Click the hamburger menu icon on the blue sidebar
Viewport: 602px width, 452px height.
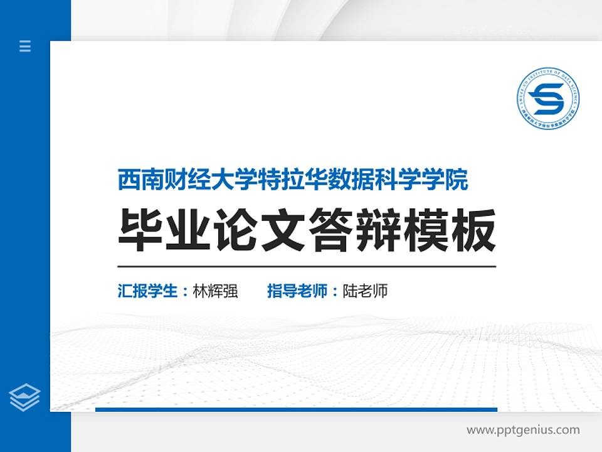25,46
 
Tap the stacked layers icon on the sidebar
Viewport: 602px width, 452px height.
25,397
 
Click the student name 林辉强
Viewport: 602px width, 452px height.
216,291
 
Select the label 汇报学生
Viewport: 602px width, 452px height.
148,291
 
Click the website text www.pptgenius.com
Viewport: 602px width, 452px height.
523,430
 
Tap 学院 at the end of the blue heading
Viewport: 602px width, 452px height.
449,180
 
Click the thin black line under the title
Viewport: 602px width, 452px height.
307,266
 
